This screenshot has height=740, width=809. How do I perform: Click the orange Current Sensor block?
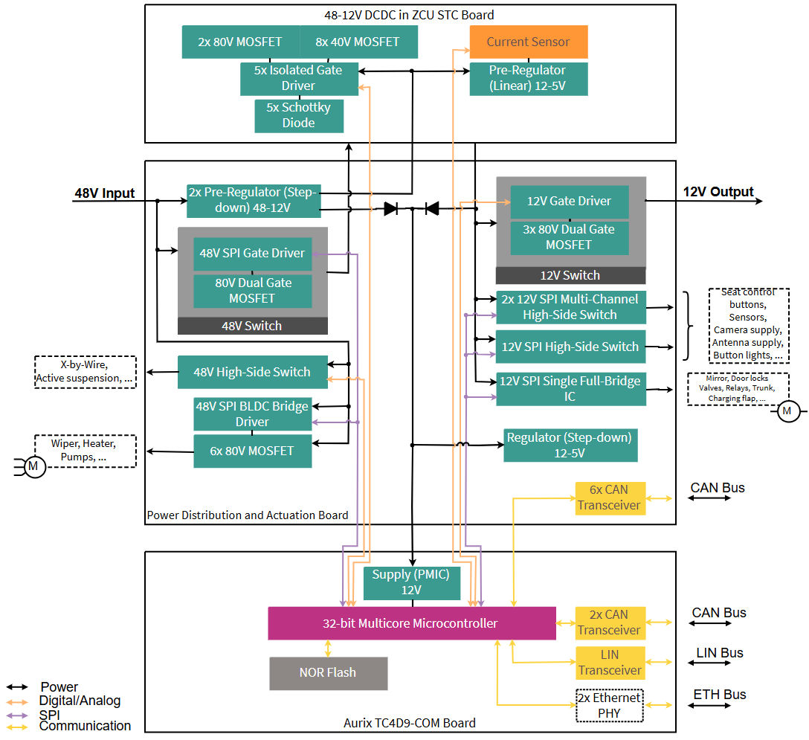click(x=528, y=42)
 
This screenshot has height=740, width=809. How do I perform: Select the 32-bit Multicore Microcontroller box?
click(x=411, y=623)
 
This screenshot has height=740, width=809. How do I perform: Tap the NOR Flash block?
click(x=328, y=673)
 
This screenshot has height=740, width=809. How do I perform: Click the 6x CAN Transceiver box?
click(x=609, y=498)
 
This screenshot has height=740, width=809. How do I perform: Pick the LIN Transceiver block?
click(x=609, y=663)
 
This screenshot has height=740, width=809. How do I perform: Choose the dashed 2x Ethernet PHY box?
click(x=609, y=705)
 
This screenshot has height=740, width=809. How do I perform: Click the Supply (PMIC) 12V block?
click(x=411, y=582)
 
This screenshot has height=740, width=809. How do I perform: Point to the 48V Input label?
click(x=104, y=193)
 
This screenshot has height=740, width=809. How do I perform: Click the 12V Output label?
click(x=718, y=192)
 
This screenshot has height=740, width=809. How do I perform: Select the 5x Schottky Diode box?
click(x=299, y=115)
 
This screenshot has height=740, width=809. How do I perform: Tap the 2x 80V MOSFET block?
click(x=240, y=42)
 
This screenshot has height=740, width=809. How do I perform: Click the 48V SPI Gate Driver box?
click(x=252, y=254)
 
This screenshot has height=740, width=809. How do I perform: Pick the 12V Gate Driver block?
click(x=569, y=202)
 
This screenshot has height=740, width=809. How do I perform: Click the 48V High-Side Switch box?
click(x=252, y=372)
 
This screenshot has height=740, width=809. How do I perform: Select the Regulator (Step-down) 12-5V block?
click(x=570, y=445)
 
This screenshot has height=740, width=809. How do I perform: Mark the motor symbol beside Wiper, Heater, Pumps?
click(x=33, y=466)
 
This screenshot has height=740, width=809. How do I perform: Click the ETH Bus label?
click(x=719, y=695)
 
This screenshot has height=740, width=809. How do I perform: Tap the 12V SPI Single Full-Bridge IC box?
click(x=570, y=389)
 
